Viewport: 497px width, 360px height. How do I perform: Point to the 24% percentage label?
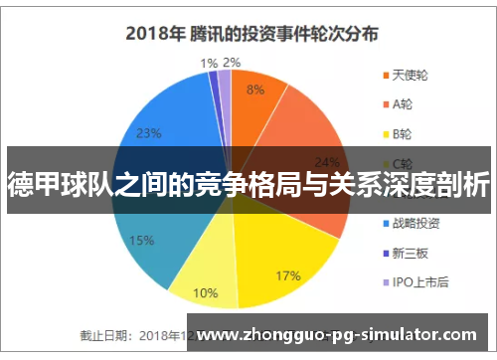coord(326,162)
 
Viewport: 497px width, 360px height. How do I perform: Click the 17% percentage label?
coord(288,248)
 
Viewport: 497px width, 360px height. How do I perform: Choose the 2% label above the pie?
coord(232,63)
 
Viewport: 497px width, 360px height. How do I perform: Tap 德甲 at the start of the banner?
coord(30,184)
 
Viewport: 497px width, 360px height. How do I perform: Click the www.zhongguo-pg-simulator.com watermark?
coord(348,333)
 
